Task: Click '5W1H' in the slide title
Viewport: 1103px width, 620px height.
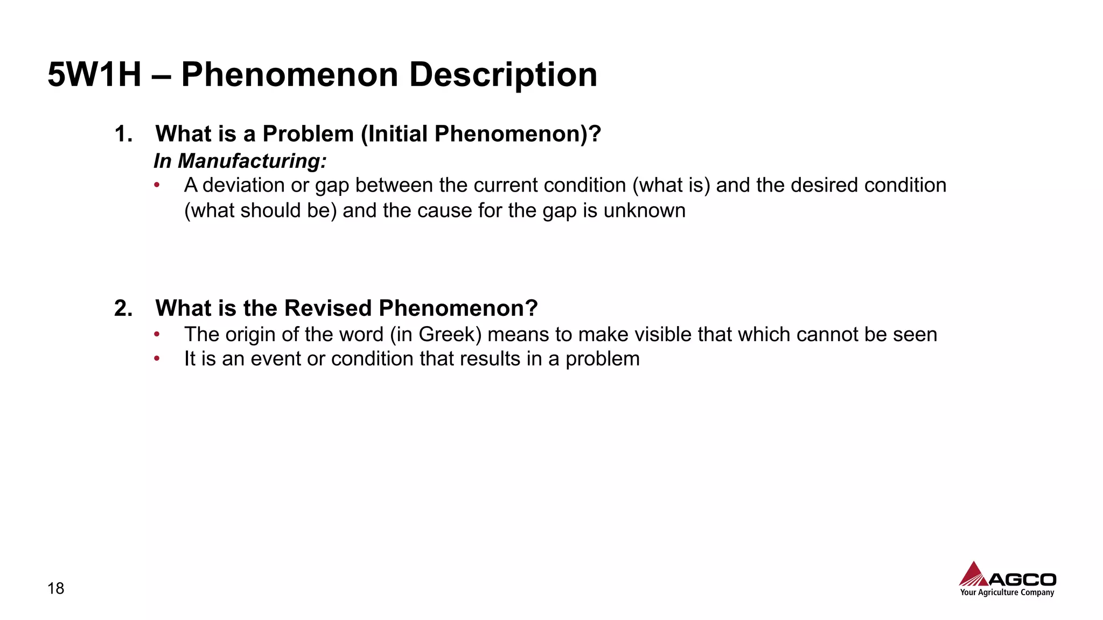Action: click(94, 74)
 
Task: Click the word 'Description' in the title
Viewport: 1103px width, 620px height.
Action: click(503, 74)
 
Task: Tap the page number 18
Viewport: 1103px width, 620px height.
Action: click(55, 588)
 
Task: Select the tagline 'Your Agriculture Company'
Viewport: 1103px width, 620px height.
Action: click(1007, 593)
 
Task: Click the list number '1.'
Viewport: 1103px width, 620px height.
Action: click(123, 133)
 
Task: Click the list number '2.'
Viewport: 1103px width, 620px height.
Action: click(123, 308)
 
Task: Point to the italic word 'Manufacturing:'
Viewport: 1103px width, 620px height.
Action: click(252, 161)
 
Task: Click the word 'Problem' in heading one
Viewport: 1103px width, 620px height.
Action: click(308, 133)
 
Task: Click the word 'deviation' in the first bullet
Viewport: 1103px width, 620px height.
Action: click(243, 185)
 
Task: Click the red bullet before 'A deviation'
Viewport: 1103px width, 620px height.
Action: click(157, 185)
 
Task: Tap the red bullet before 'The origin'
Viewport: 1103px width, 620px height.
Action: click(157, 334)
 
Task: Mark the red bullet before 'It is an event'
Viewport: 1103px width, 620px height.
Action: click(157, 358)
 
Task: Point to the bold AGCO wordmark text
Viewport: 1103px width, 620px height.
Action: click(1022, 580)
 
